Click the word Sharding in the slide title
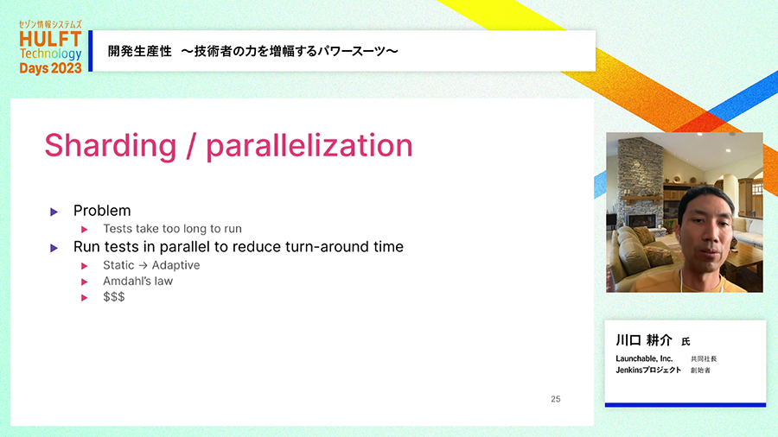pyautogui.click(x=110, y=146)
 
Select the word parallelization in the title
pyautogui.click(x=309, y=146)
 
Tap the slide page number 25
pyautogui.click(x=555, y=399)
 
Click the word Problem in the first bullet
pyautogui.click(x=102, y=211)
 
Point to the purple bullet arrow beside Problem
pyautogui.click(x=54, y=212)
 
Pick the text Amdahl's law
pyautogui.click(x=138, y=281)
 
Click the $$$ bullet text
pyautogui.click(x=113, y=297)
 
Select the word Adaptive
pyautogui.click(x=175, y=265)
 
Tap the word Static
pyautogui.click(x=118, y=265)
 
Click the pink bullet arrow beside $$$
pyautogui.click(x=85, y=298)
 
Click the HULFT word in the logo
pyautogui.click(x=51, y=39)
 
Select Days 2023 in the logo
pyautogui.click(x=51, y=68)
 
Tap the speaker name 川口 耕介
pyautogui.click(x=644, y=340)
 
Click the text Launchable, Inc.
pyautogui.click(x=644, y=358)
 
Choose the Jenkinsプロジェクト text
pyautogui.click(x=648, y=370)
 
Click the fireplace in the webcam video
pyautogui.click(x=641, y=220)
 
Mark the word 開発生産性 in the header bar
pyautogui.click(x=140, y=51)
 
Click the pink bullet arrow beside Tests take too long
pyautogui.click(x=85, y=230)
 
